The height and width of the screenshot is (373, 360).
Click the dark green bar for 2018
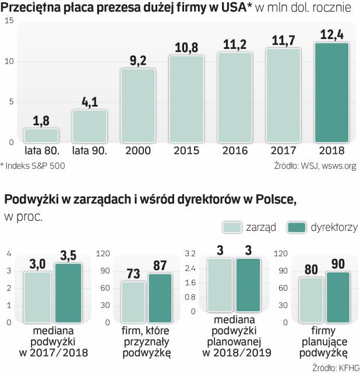(x=331, y=92)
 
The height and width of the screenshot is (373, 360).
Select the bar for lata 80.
(x=41, y=135)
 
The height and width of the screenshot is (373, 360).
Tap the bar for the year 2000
(x=137, y=105)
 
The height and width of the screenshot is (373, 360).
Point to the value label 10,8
(x=186, y=47)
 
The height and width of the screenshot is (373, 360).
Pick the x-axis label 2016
(x=235, y=150)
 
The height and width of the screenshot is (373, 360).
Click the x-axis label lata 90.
(x=89, y=150)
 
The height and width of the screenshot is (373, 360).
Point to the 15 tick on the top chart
(x=9, y=21)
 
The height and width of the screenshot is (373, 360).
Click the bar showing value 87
(x=160, y=297)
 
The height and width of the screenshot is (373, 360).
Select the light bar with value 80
(x=312, y=300)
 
